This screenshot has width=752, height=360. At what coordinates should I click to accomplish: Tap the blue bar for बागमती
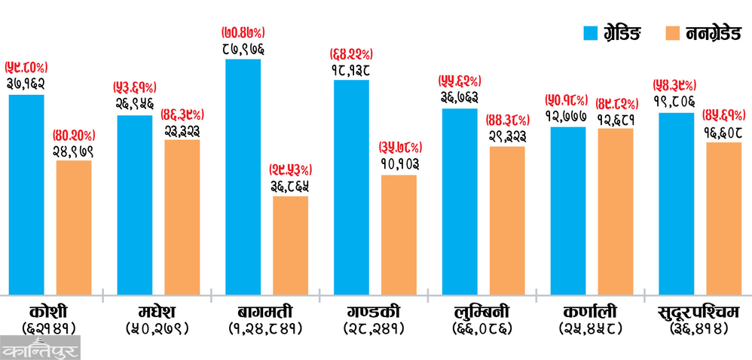(243, 176)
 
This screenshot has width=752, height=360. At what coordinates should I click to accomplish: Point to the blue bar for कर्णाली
(567, 210)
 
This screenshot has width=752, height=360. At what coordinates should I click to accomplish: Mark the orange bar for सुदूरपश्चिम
(723, 218)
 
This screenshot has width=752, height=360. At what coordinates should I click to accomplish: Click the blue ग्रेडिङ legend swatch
(593, 32)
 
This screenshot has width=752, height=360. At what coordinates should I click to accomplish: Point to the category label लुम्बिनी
(482, 311)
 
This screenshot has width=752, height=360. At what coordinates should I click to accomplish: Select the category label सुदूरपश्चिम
(699, 311)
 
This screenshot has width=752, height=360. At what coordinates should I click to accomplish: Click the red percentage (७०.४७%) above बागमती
(243, 34)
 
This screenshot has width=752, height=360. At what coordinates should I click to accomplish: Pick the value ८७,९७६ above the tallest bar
(243, 49)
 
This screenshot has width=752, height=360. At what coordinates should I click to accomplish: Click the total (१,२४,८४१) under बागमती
(266, 328)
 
